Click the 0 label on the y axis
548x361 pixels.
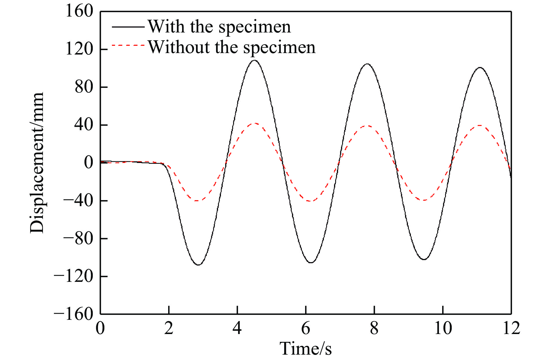point(89,163)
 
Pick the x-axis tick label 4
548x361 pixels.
point(237,328)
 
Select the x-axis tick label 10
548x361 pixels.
point(443,328)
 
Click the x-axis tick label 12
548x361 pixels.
point(511,328)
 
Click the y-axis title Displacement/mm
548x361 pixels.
point(37,163)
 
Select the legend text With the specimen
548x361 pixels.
point(219,27)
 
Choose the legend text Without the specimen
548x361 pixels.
point(232,47)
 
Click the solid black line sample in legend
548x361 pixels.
point(128,27)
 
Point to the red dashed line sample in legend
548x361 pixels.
point(128,46)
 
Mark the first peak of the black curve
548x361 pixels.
point(255,60)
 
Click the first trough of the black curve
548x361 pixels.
point(198,265)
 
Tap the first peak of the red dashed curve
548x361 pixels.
point(255,123)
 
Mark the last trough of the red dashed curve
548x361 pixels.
point(424,200)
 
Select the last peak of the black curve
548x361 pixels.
point(480,68)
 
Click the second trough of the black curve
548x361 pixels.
point(311,263)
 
